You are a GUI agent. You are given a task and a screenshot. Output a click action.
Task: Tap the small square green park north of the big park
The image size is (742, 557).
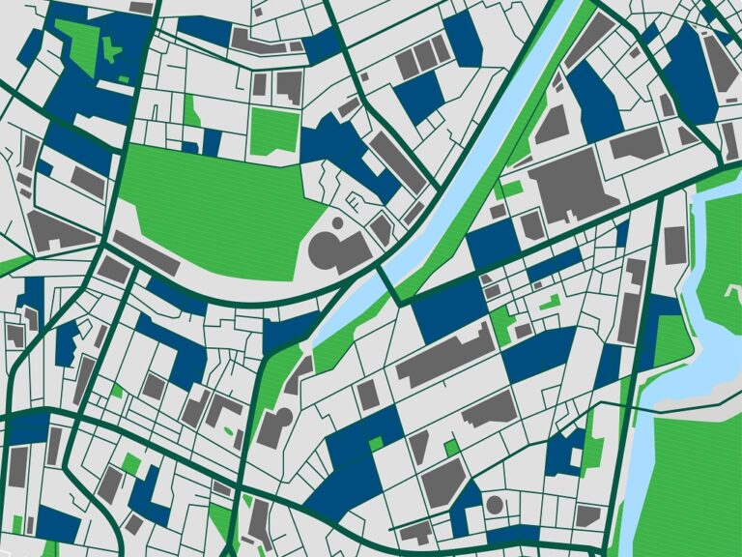(x=274, y=130)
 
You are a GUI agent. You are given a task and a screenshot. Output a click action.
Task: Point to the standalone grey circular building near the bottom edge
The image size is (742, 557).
(x=495, y=504)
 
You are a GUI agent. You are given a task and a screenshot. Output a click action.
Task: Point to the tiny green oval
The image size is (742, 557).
(x=229, y=431)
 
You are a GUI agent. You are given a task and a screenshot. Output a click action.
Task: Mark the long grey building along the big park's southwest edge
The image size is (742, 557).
(x=146, y=252)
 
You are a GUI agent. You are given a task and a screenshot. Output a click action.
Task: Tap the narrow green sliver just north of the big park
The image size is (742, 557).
(x=190, y=111)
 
